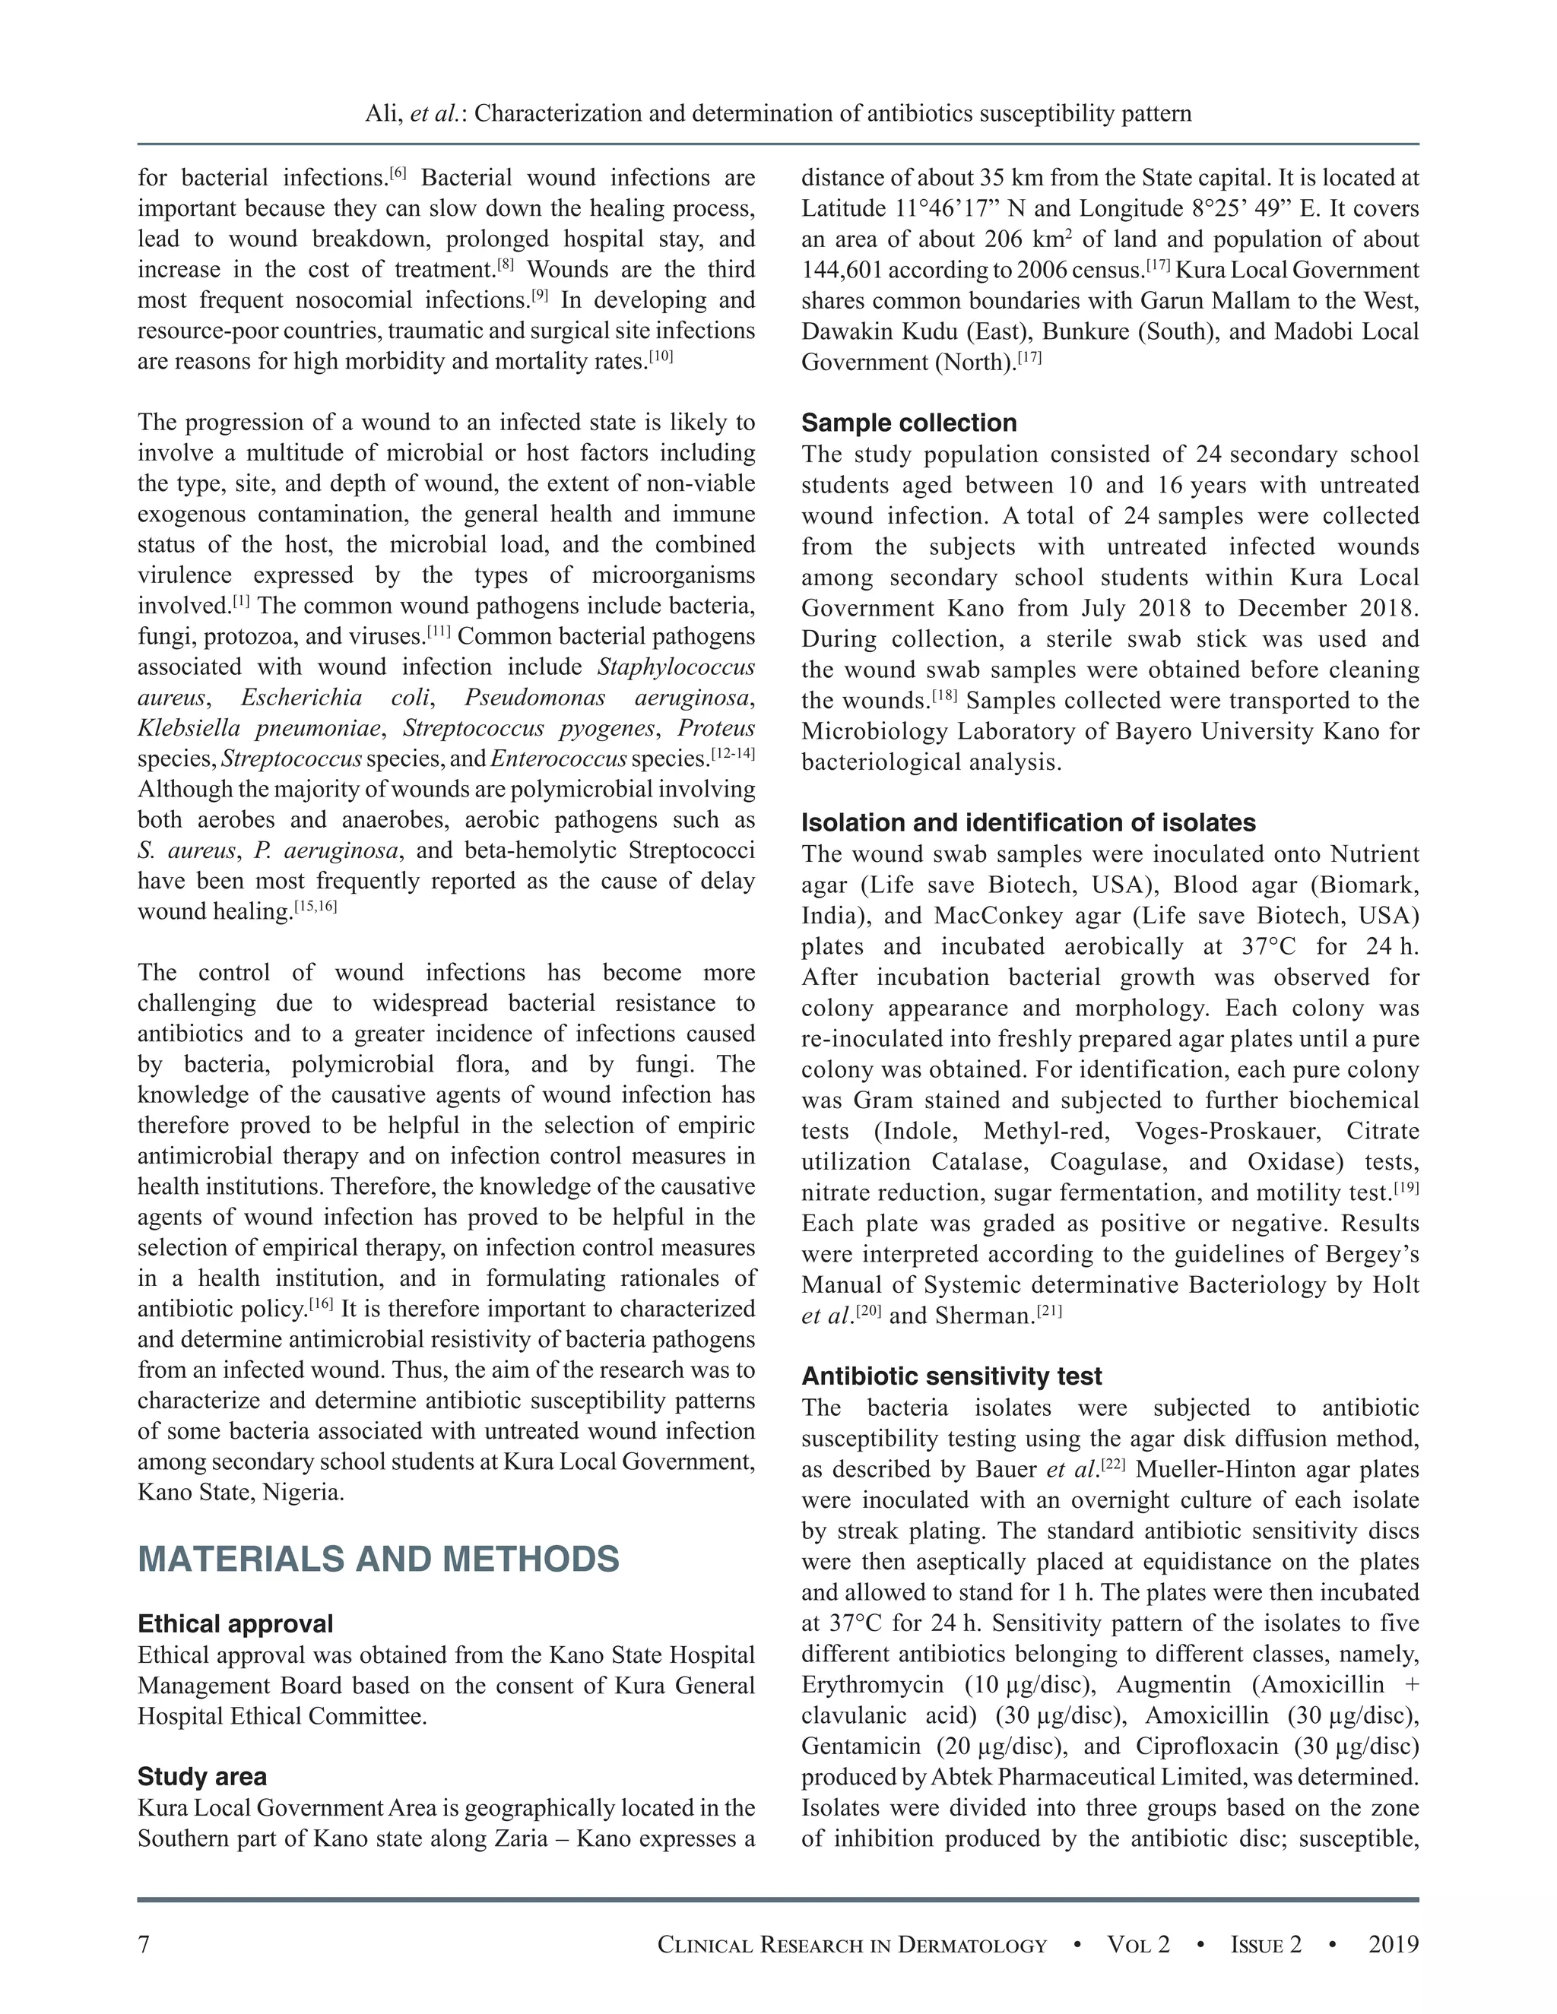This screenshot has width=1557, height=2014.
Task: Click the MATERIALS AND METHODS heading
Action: (378, 1560)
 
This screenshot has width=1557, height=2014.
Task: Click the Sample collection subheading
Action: (909, 423)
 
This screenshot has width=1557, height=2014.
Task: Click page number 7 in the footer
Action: (144, 1945)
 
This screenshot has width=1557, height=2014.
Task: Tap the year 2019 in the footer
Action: (1393, 1945)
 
